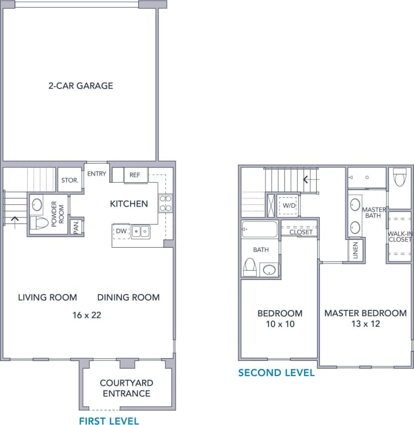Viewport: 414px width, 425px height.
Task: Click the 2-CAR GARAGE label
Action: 80,85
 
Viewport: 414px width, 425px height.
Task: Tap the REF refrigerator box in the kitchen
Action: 135,175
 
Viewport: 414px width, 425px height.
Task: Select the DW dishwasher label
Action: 121,231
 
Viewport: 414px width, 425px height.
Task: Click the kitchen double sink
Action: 140,232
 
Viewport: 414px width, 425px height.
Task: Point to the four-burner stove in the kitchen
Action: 165,203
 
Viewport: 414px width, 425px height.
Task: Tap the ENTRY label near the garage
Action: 97,173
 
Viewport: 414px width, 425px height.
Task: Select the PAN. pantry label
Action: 77,226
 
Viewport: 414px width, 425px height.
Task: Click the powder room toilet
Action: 40,222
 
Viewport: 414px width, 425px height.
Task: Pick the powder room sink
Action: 37,205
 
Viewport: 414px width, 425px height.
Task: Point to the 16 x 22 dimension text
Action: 87,315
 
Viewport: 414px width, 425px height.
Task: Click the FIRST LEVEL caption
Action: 109,420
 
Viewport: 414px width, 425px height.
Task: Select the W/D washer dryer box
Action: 288,206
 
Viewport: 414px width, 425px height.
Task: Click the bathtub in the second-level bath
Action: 260,229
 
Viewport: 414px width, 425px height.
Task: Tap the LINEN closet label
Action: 355,251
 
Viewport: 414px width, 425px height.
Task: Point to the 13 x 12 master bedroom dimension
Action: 365,324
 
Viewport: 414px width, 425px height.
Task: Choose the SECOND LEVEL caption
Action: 276,373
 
